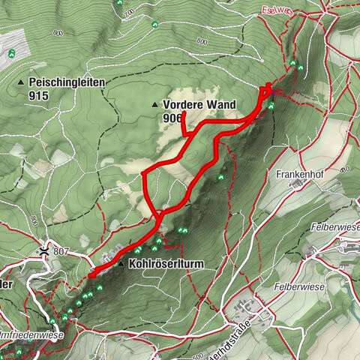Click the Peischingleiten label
coord(66,82)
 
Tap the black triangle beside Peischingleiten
coord(22,82)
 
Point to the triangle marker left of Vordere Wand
coord(155,104)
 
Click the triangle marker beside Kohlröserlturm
coord(120,264)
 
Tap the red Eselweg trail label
coord(277,10)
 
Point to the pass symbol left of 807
coord(47,252)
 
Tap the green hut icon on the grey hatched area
coord(13,53)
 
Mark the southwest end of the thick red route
coord(91,276)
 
